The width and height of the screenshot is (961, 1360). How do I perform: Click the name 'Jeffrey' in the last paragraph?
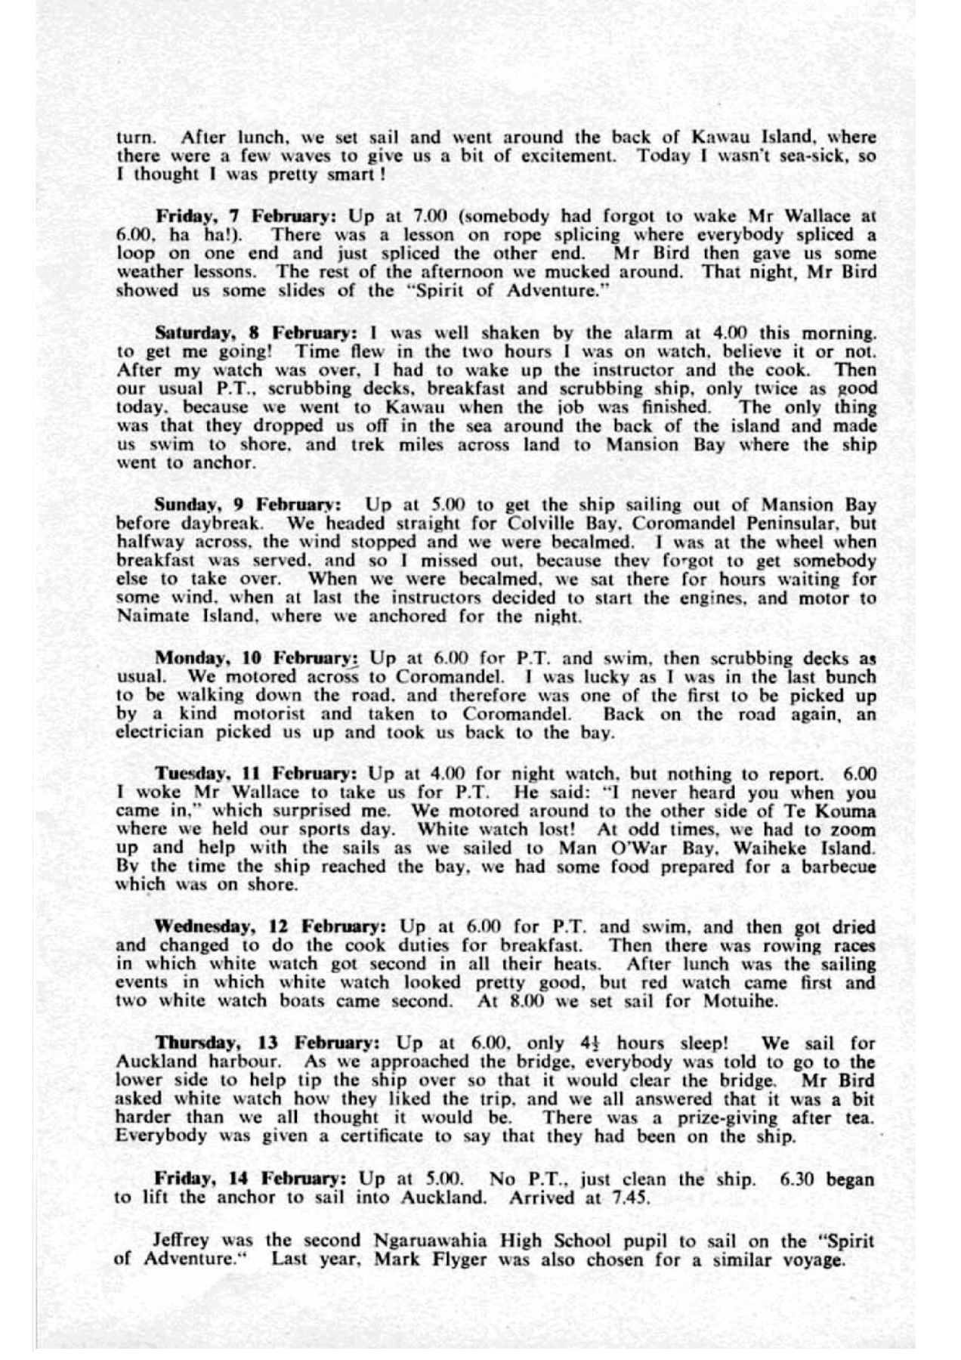click(180, 1241)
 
